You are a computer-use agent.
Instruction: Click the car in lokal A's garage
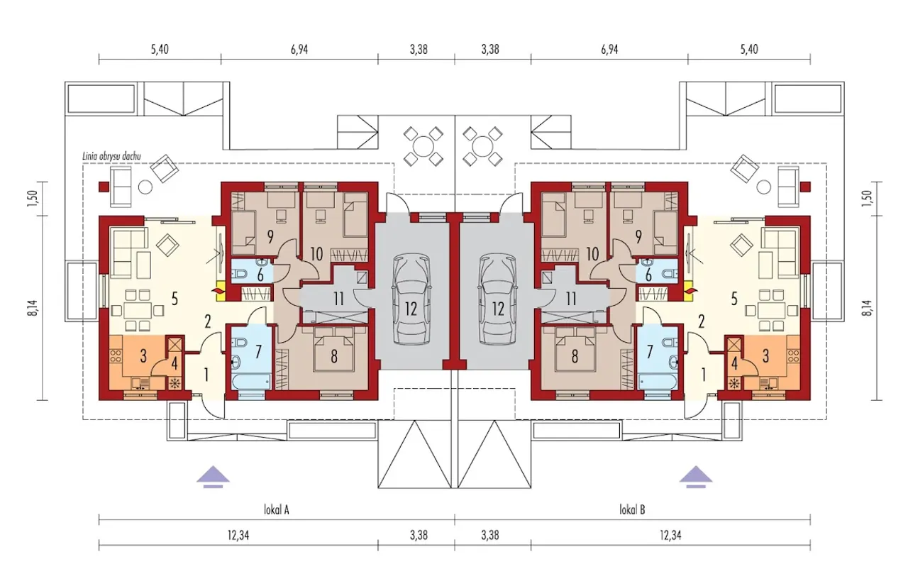(x=411, y=299)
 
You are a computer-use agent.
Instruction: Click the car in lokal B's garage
(x=498, y=299)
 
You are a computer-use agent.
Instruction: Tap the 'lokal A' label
(x=276, y=510)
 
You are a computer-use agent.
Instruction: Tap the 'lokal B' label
(x=632, y=510)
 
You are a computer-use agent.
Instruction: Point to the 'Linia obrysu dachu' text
(x=111, y=156)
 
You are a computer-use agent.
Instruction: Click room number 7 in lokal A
(x=259, y=353)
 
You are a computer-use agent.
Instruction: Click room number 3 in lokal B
(x=765, y=357)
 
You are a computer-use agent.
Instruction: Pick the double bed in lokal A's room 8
(x=334, y=350)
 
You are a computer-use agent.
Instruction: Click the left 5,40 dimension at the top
(x=160, y=50)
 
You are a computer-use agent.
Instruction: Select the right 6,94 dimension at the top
(x=609, y=50)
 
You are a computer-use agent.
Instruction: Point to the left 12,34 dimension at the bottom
(x=238, y=536)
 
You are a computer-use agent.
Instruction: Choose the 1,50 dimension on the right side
(x=868, y=198)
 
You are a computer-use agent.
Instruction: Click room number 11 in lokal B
(x=571, y=299)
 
